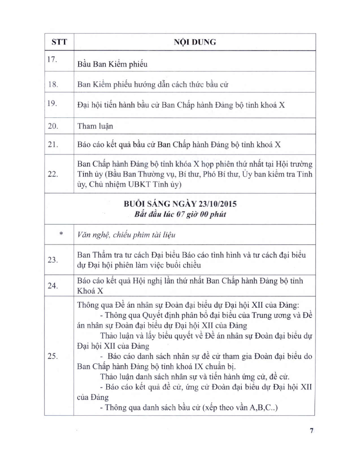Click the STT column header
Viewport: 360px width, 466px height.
click(x=59, y=42)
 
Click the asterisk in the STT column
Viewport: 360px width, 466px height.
click(x=60, y=234)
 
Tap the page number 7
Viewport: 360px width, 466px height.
click(x=311, y=431)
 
